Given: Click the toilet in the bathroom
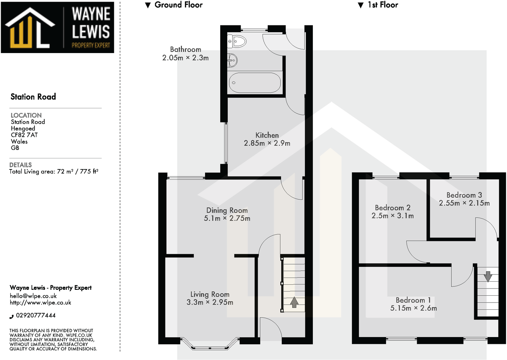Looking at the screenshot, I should (237, 42).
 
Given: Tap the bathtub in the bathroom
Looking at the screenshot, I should (255, 82).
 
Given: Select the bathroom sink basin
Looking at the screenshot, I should (232, 61).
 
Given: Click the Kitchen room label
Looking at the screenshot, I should (267, 135).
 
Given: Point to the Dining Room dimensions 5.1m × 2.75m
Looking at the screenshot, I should (227, 218).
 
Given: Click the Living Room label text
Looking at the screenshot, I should (210, 294).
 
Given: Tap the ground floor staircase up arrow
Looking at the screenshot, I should (294, 302).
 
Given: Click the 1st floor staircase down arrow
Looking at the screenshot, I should (488, 276).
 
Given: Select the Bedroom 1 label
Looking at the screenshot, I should (413, 300).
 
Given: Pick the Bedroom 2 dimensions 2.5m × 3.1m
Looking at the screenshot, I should (392, 216).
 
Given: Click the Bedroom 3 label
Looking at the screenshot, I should (464, 195).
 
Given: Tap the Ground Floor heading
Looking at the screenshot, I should (178, 5).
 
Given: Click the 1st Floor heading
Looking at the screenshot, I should (383, 5).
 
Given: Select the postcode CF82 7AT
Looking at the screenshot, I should (24, 135).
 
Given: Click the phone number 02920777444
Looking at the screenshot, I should (36, 315).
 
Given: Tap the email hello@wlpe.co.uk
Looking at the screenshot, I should (33, 296).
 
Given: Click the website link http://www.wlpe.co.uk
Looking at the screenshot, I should (40, 303).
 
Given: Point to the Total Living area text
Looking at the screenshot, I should (54, 171).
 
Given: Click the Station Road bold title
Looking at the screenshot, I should (33, 97).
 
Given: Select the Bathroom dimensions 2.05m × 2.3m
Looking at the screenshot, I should (185, 58).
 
